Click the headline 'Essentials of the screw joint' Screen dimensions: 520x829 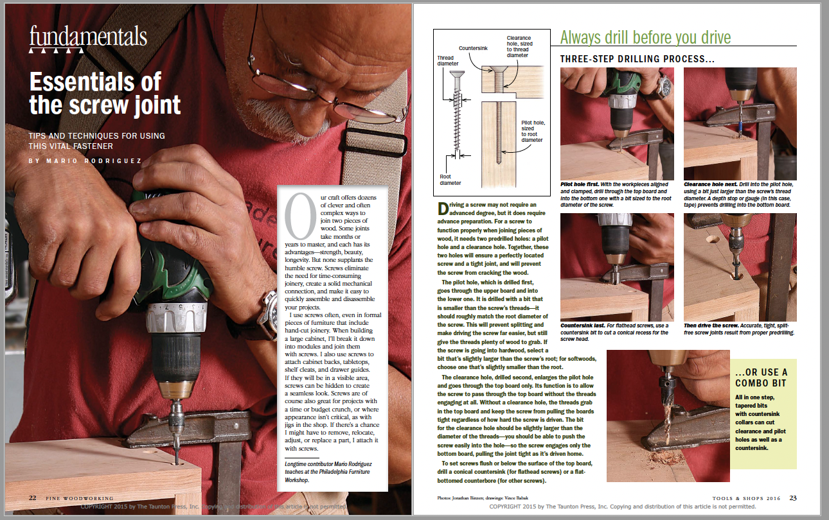[105, 94]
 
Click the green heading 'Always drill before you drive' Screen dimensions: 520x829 [645, 37]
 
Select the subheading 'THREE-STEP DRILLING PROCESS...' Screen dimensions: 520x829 [638, 60]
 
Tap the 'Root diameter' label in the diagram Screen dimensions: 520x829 [450, 179]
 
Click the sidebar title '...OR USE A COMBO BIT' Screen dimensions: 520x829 [761, 377]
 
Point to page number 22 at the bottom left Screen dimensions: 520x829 [32, 498]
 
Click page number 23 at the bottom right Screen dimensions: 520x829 [793, 498]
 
